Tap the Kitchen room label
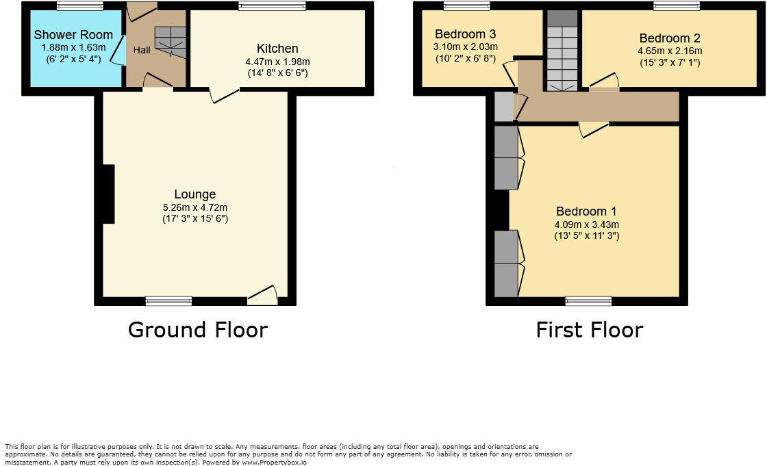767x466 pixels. click(x=277, y=49)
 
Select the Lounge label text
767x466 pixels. click(x=194, y=194)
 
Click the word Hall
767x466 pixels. click(x=142, y=50)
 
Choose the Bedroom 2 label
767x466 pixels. click(x=670, y=38)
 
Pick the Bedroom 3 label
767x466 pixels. click(x=465, y=34)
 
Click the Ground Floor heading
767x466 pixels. click(x=197, y=330)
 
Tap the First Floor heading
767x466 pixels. click(x=589, y=330)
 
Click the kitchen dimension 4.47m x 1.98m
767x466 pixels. click(x=277, y=62)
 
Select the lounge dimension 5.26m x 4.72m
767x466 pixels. click(x=194, y=207)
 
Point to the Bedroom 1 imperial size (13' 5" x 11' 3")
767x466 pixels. click(x=588, y=236)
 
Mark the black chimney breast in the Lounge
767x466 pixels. click(x=108, y=194)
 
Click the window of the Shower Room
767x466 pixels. click(x=79, y=6)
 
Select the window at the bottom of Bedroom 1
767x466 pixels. click(x=588, y=300)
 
